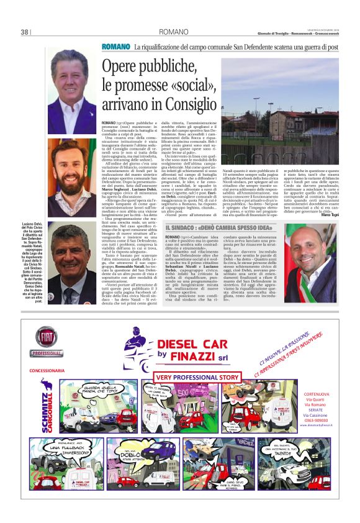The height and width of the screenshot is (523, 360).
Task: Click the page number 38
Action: pyautogui.click(x=25, y=32)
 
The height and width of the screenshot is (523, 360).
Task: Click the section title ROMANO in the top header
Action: pyautogui.click(x=169, y=32)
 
